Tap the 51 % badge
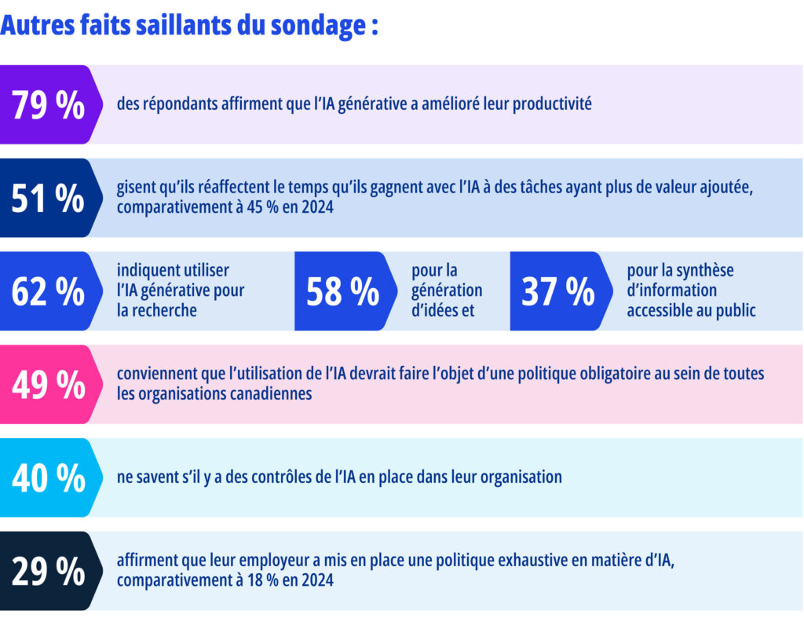pyautogui.click(x=48, y=199)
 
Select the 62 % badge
pyautogui.click(x=48, y=291)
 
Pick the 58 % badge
pyautogui.click(x=342, y=291)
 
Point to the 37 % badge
pyautogui.click(x=558, y=291)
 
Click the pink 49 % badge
pyautogui.click(x=48, y=385)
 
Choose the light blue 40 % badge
pyautogui.click(x=48, y=477)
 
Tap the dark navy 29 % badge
pyautogui.click(x=48, y=571)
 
